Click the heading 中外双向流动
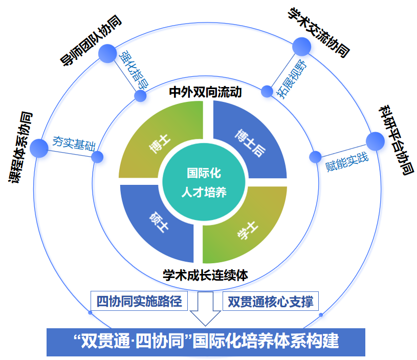point(205,92)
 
